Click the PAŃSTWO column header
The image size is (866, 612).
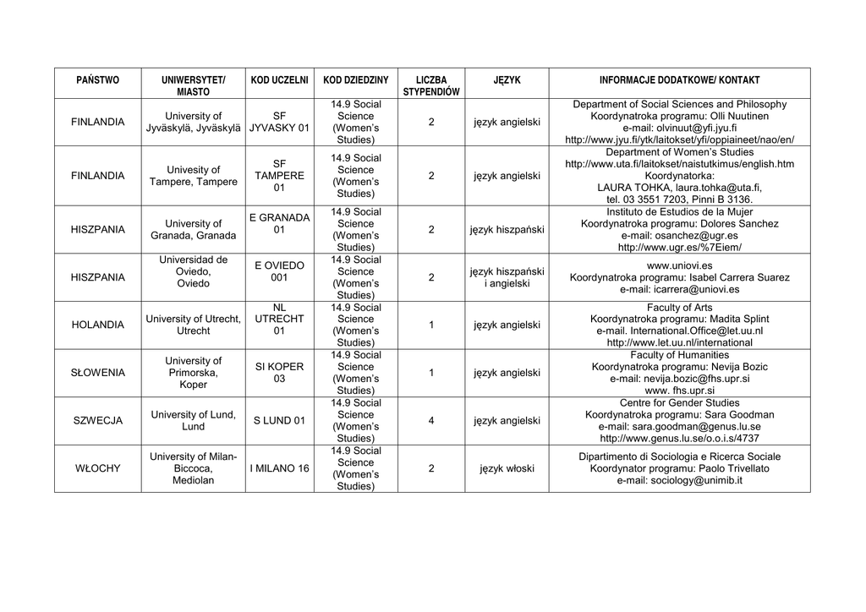tap(98, 80)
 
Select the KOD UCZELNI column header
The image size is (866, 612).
tap(279, 80)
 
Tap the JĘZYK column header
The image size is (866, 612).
tap(507, 80)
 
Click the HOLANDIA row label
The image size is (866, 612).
tap(98, 325)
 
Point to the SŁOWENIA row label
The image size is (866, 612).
tap(98, 373)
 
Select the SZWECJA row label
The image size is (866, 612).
tap(98, 421)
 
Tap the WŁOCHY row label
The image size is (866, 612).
tap(98, 468)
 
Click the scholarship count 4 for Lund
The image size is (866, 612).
tap(431, 421)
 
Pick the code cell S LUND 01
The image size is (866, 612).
tap(279, 421)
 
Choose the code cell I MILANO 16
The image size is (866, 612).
tap(279, 468)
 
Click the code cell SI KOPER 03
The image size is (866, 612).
tap(279, 373)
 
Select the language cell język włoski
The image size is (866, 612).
tap(507, 468)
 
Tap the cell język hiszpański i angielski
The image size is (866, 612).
tap(507, 277)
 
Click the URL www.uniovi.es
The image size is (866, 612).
tap(679, 265)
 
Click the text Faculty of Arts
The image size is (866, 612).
tap(679, 308)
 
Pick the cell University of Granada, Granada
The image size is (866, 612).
tap(194, 229)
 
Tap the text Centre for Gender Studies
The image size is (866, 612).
tap(679, 403)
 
